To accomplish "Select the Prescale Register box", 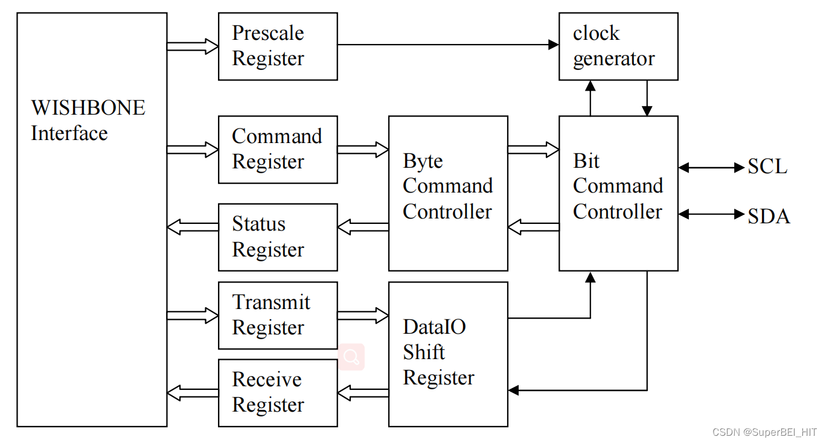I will [278, 46].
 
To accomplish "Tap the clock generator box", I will [618, 46].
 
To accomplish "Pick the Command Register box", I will [278, 150].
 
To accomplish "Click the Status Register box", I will [278, 237].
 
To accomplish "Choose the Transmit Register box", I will [278, 315].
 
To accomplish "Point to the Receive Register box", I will [278, 393].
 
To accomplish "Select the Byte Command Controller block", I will [448, 193].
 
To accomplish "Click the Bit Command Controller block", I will [618, 193].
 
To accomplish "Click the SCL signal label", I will [767, 167].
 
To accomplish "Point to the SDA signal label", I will [769, 216].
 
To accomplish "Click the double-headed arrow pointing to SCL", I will [711, 168].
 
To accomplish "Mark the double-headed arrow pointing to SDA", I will [711, 214].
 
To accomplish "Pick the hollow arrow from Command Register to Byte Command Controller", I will [363, 149].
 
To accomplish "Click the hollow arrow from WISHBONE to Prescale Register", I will [193, 46].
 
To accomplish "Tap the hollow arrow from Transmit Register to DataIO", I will [363, 315].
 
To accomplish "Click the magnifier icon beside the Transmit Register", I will [351, 357].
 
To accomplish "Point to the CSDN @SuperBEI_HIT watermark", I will [764, 432].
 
